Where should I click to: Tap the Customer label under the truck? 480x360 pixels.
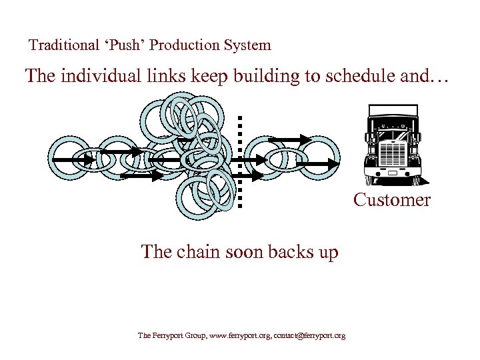392,200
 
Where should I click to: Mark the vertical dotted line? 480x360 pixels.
239,160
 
